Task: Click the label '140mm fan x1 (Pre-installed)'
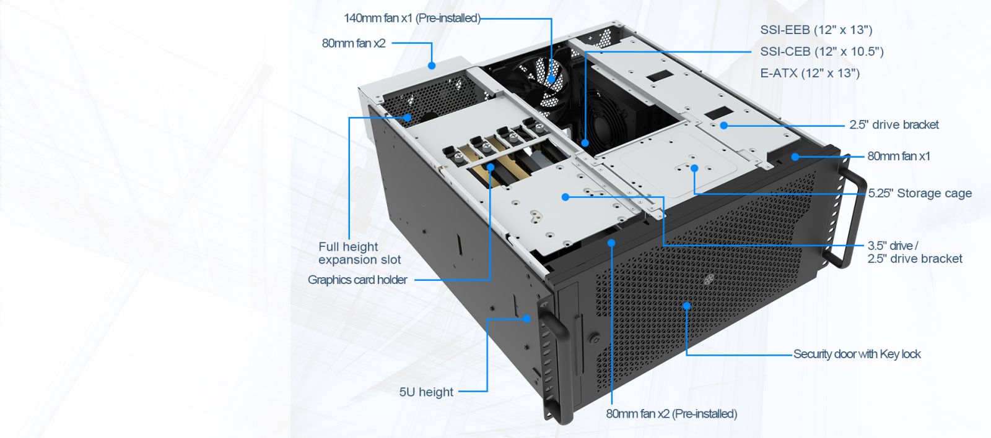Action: click(412, 18)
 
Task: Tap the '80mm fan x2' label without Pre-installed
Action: click(354, 43)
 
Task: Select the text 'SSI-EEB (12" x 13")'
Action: click(816, 30)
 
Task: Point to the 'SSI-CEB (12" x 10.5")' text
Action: click(822, 52)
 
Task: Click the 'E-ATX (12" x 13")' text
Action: click(810, 74)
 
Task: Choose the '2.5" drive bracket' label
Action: click(894, 124)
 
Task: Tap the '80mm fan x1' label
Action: click(899, 156)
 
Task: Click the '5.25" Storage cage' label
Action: click(920, 193)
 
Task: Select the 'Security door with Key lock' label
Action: click(857, 354)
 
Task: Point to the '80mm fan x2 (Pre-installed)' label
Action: click(671, 414)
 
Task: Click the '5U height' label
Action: click(426, 392)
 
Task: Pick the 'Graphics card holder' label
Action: click(357, 280)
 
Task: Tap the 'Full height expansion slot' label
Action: click(360, 253)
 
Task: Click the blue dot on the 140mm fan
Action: click(551, 80)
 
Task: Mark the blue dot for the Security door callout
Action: click(687, 306)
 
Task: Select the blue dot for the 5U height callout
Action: click(526, 318)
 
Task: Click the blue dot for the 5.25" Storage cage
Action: click(694, 168)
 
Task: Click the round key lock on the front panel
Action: click(595, 339)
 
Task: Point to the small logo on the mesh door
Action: click(709, 280)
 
